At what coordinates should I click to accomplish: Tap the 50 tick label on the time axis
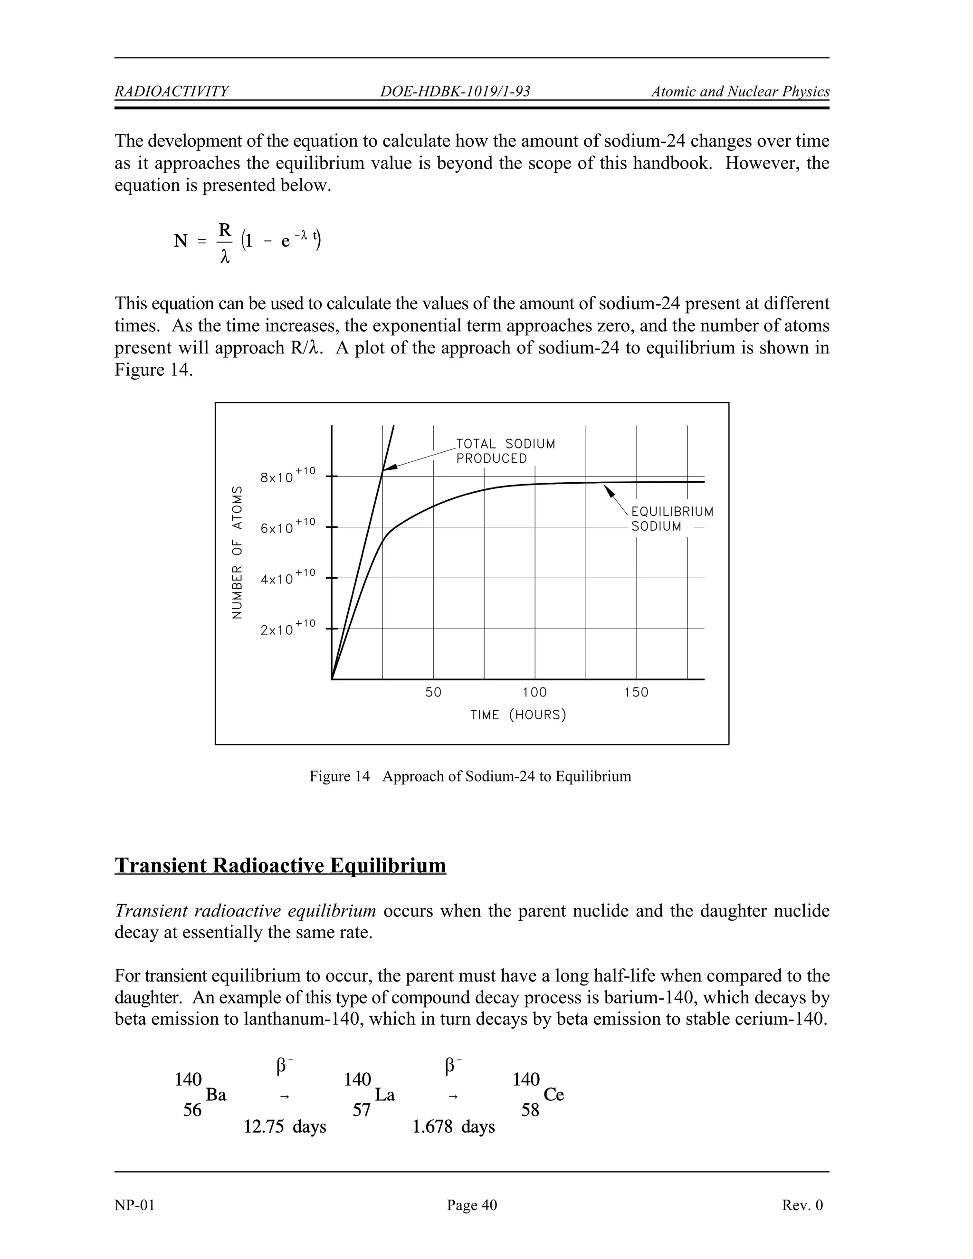coord(433,692)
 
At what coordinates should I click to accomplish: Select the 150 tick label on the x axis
coord(636,692)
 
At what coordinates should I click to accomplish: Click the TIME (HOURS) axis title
coord(518,715)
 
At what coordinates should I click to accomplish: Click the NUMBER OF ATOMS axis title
coord(237,552)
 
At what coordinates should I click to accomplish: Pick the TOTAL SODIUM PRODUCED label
coord(505,451)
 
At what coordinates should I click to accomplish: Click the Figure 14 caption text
coord(470,776)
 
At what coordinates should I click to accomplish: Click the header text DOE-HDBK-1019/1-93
coord(455,92)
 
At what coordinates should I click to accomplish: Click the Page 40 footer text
coord(471,1205)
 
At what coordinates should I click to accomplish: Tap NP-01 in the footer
coord(134,1205)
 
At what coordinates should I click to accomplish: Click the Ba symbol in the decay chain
coord(216,1095)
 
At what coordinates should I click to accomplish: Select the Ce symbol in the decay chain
coord(553,1095)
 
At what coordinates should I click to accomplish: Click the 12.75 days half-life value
coord(285,1126)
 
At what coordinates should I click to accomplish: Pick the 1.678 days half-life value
coord(454,1126)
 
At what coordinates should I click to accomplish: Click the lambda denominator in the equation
coord(225,258)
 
